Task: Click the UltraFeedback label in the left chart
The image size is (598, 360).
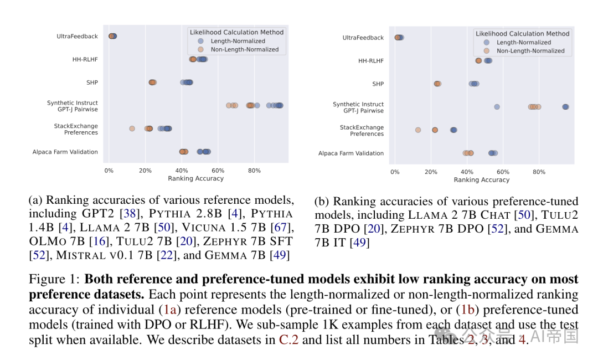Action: pos(77,37)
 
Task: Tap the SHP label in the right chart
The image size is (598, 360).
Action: pos(378,84)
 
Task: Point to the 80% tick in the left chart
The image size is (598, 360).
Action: pos(254,171)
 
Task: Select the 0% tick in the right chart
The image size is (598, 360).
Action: pos(395,172)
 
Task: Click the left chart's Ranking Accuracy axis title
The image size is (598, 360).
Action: pos(195,178)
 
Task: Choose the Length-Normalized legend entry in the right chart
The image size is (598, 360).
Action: pos(523,42)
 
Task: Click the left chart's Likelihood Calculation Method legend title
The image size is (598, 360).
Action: pos(237,32)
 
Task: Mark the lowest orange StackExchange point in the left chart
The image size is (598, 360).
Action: pos(132,128)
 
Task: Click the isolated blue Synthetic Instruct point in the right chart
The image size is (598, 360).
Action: pos(497,107)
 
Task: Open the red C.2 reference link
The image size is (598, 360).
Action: pos(288,340)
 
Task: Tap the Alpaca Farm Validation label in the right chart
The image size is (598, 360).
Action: pos(350,153)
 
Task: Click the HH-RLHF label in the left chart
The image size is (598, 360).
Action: pos(85,59)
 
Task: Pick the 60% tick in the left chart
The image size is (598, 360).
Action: pos(218,171)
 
